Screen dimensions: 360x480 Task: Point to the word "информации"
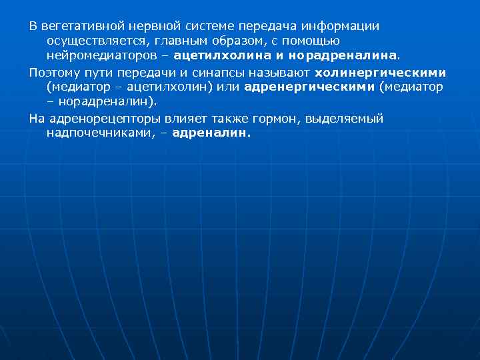point(340,27)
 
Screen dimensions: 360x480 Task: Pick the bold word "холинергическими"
point(381,72)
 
